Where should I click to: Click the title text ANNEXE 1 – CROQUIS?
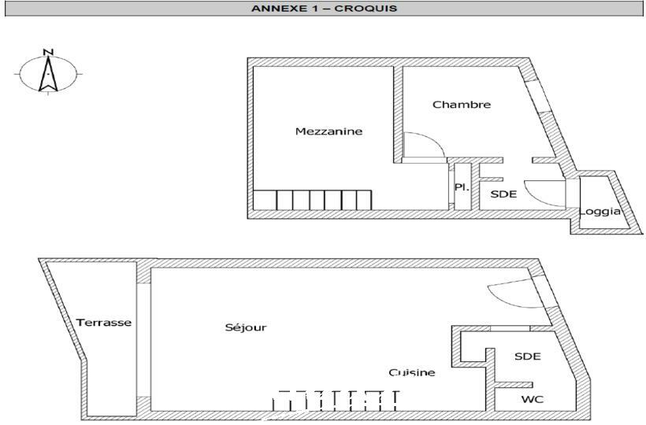[x=325, y=9]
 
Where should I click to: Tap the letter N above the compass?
[x=48, y=52]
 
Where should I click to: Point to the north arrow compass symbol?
[x=48, y=74]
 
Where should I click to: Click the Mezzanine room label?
[x=329, y=131]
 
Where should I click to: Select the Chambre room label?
[x=462, y=105]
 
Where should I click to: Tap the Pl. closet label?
[x=462, y=187]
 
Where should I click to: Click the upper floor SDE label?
[x=503, y=194]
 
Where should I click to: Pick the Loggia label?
[x=600, y=212]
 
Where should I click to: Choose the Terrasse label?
[x=104, y=323]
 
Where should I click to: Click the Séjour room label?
[x=246, y=327]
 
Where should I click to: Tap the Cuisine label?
[x=412, y=372]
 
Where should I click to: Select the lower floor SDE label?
[x=528, y=357]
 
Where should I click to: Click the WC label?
[x=533, y=400]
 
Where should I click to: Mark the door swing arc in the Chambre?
[x=424, y=144]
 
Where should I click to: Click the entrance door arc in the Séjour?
[x=516, y=293]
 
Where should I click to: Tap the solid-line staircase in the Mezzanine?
[x=312, y=200]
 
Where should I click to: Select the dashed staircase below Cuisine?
[x=336, y=401]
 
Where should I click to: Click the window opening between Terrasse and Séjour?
[x=143, y=340]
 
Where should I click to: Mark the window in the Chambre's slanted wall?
[x=538, y=96]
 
